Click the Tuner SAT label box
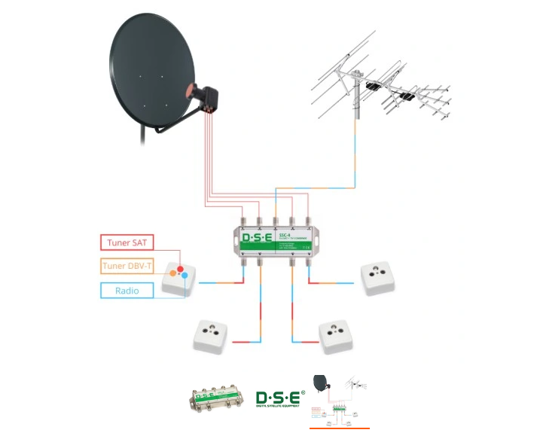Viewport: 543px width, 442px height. pyautogui.click(x=129, y=242)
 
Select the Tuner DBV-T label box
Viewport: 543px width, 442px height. pyautogui.click(x=129, y=266)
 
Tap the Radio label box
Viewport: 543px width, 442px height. pyautogui.click(x=129, y=290)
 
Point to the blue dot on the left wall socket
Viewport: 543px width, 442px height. pyautogui.click(x=184, y=277)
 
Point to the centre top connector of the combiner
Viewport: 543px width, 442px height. pyautogui.click(x=276, y=221)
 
